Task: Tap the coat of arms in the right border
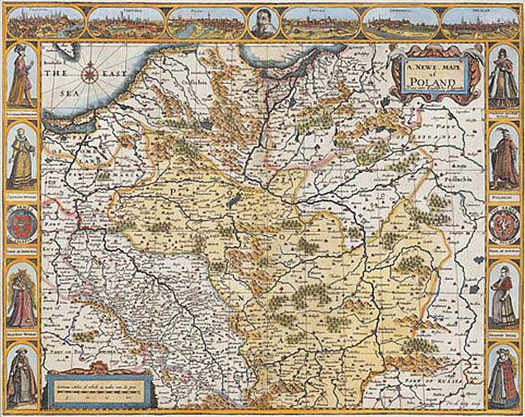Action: pyautogui.click(x=503, y=226)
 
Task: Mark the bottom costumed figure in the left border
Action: pyautogui.click(x=22, y=374)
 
